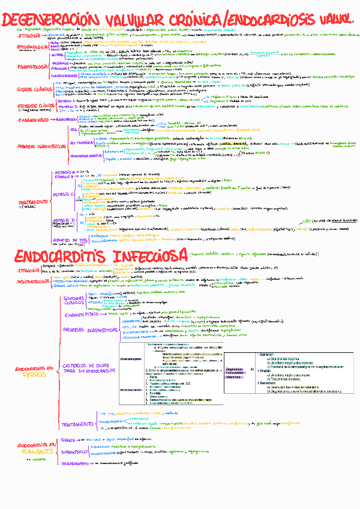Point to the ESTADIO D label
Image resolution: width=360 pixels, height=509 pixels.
pos(64,220)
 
